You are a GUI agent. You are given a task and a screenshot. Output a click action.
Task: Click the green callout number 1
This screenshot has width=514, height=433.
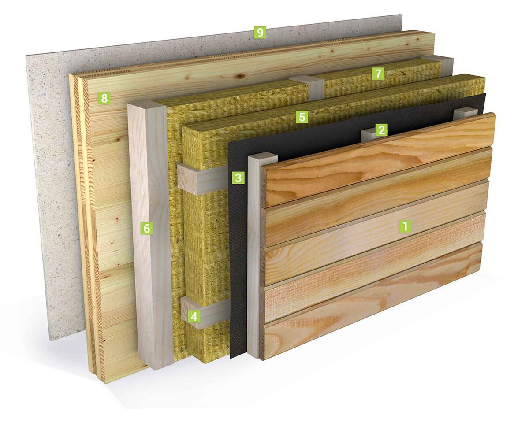(405, 226)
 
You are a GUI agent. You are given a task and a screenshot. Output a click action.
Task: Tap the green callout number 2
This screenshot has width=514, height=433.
(381, 130)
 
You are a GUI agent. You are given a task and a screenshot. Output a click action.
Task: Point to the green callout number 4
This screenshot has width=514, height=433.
(194, 316)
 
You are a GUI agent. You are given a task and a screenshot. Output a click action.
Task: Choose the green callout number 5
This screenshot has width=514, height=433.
(302, 117)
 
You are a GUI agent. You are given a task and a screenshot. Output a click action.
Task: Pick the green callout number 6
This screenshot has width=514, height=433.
(146, 228)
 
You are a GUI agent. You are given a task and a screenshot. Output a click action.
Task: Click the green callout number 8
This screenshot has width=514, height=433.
(104, 98)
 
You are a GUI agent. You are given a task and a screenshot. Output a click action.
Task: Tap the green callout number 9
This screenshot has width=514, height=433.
(260, 32)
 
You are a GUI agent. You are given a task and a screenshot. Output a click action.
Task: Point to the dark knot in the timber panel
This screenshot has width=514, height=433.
(242, 77)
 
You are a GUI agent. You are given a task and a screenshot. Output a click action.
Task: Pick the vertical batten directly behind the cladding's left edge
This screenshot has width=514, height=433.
(255, 255)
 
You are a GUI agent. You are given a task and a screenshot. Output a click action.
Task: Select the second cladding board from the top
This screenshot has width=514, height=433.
(377, 196)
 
